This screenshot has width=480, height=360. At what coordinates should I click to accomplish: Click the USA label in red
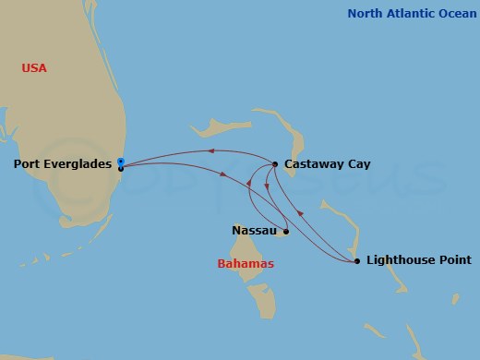[34, 68]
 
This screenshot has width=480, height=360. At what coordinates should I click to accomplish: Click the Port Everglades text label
[64, 164]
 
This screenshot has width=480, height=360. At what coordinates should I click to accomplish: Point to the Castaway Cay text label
[327, 164]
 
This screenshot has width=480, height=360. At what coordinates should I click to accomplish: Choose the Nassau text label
[254, 231]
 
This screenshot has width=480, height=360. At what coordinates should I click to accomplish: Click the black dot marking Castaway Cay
[275, 164]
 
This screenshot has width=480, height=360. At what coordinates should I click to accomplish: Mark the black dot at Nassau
[286, 231]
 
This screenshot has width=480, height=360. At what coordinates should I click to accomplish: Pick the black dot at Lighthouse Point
[357, 261]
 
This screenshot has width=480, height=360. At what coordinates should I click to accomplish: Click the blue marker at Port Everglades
[121, 162]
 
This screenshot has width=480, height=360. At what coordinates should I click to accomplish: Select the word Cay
[358, 164]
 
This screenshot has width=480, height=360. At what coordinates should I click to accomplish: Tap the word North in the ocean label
[364, 13]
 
